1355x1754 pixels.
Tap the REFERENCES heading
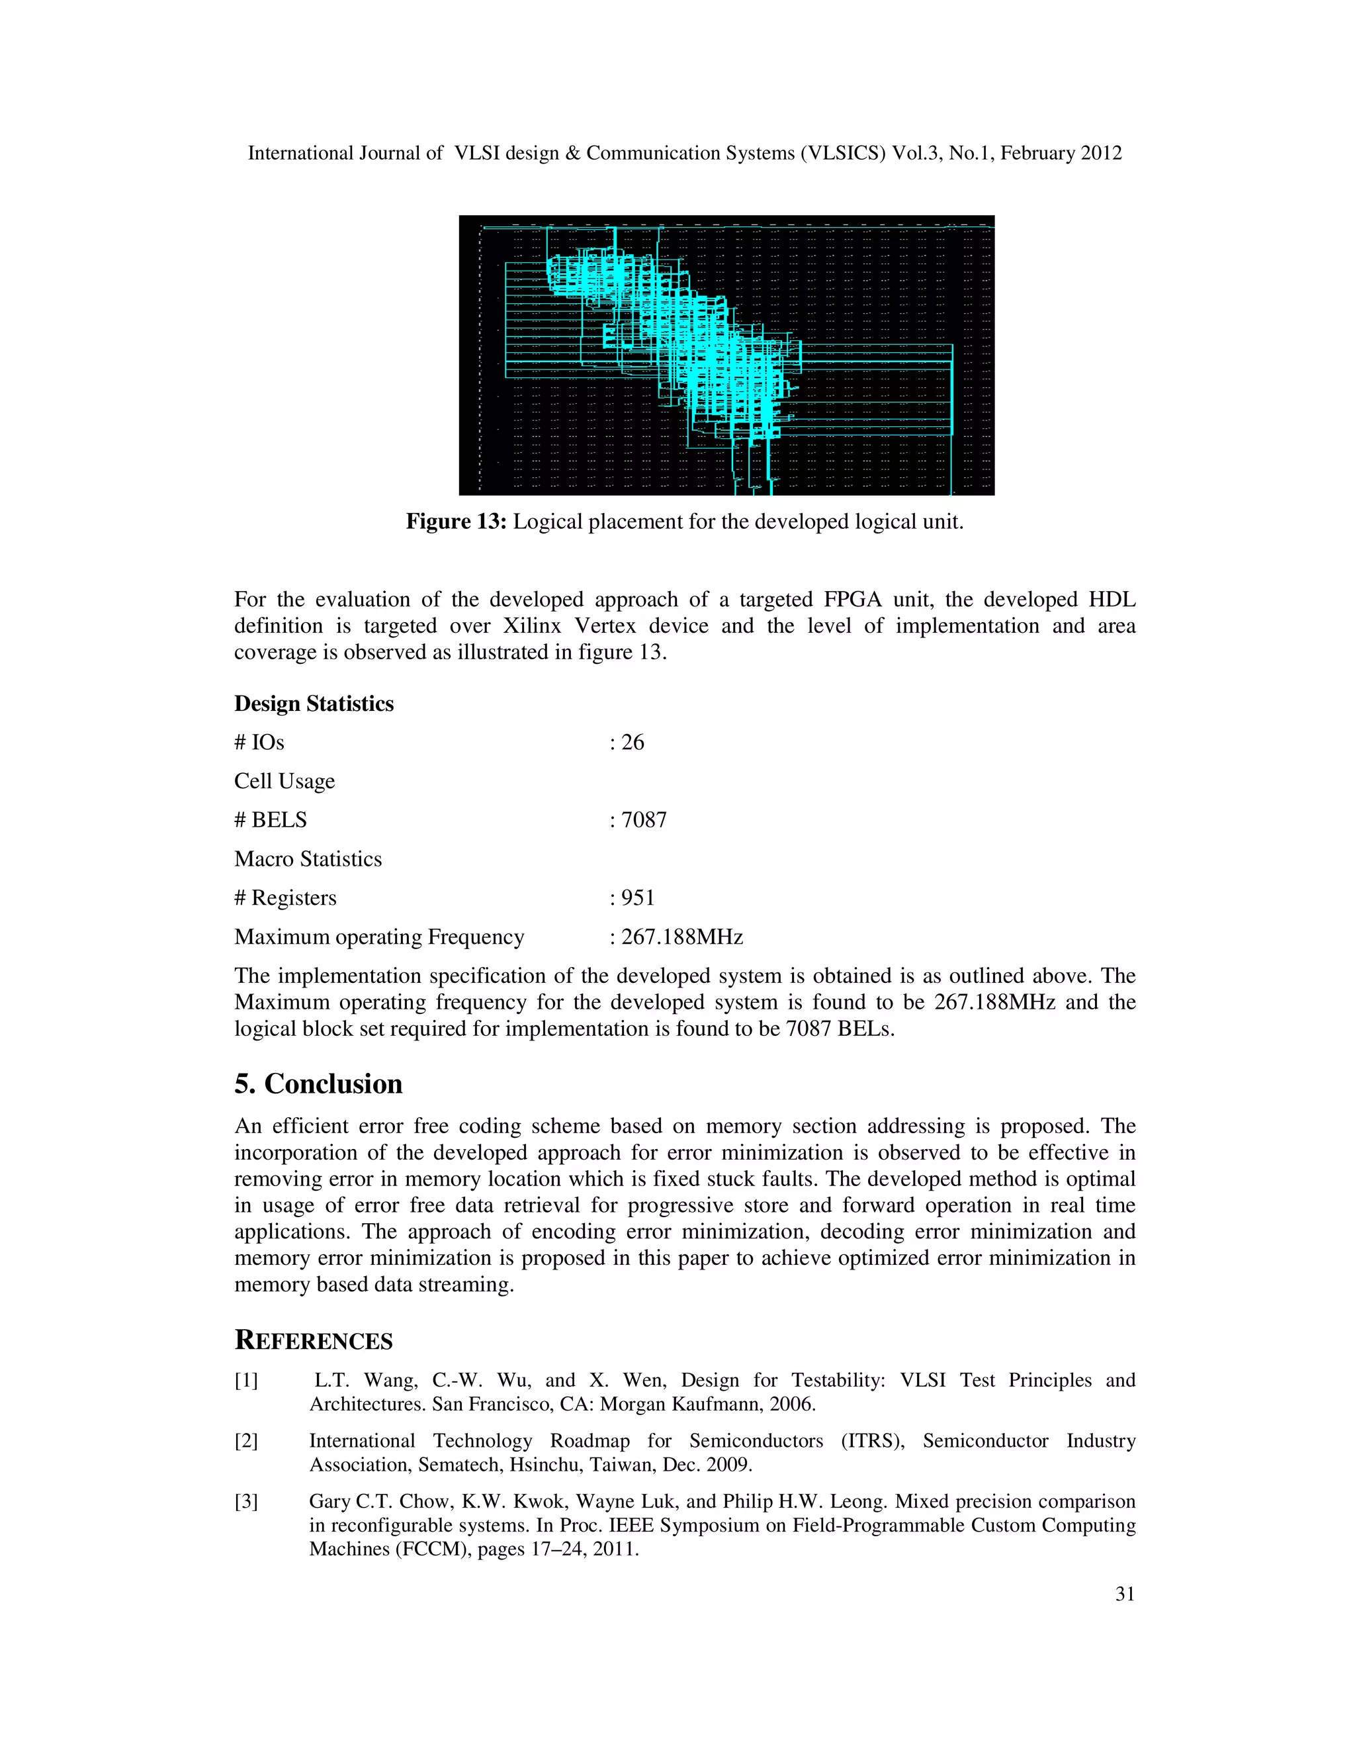click(x=313, y=1340)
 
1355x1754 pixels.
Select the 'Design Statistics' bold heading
click(x=314, y=704)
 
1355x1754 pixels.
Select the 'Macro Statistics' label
click(x=308, y=859)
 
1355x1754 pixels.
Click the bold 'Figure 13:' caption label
click(x=456, y=522)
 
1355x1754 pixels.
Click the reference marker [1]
click(x=245, y=1381)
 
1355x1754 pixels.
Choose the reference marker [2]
click(x=245, y=1442)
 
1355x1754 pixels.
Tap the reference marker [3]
click(x=245, y=1502)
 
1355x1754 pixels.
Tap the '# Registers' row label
click(x=285, y=898)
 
